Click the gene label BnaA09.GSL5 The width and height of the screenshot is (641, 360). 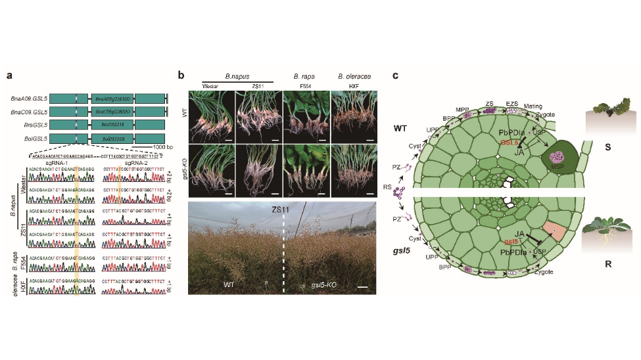tap(28, 99)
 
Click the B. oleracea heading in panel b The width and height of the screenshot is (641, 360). tap(350, 77)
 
